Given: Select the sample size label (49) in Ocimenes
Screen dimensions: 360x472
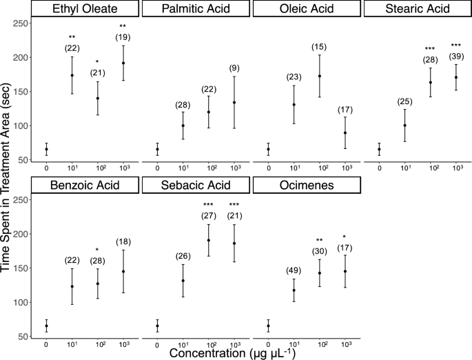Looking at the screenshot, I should pyautogui.click(x=294, y=271).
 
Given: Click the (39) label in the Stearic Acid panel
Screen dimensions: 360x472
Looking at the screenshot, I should pyautogui.click(x=456, y=56).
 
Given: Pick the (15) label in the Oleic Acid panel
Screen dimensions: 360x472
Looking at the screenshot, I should pyautogui.click(x=320, y=46).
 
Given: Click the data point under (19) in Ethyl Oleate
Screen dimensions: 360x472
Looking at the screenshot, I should pyautogui.click(x=124, y=63).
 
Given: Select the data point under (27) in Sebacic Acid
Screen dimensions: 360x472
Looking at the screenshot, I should pyautogui.click(x=209, y=240).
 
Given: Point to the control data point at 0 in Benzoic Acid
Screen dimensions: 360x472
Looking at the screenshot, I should pyautogui.click(x=46, y=326).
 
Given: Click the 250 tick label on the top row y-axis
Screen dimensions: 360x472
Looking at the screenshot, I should pyautogui.click(x=23, y=23).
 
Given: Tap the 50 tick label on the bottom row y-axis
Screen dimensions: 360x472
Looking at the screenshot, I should pyautogui.click(x=25, y=337).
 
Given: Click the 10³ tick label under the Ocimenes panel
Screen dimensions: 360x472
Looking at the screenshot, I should pyautogui.click(x=345, y=343).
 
